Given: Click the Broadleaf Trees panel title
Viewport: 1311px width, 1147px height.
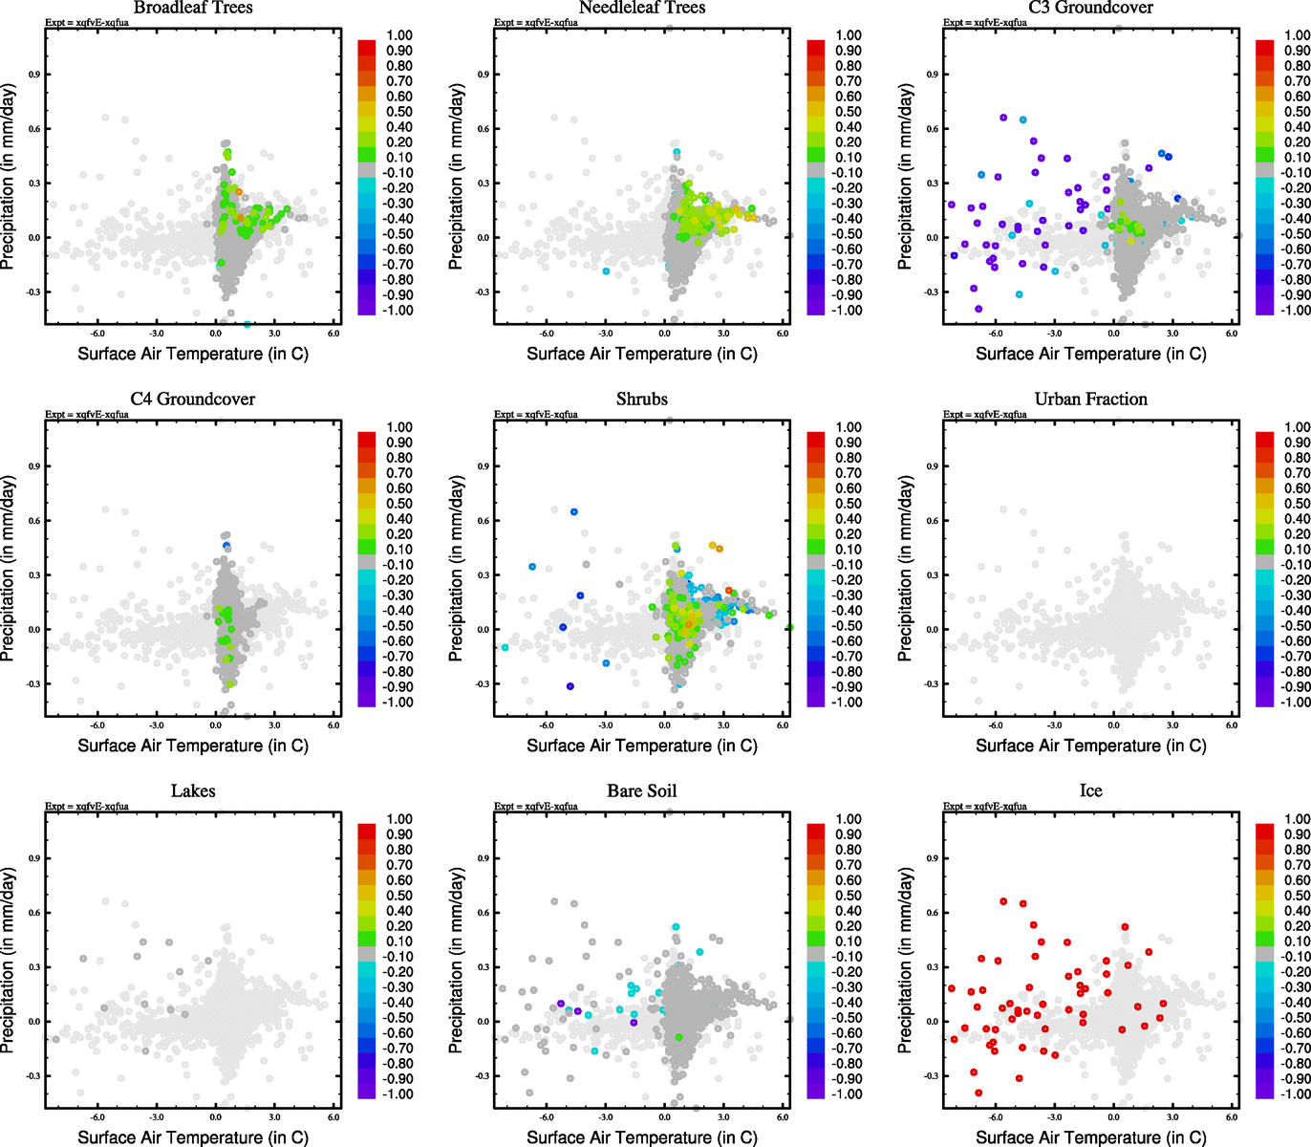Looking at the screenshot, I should point(193,8).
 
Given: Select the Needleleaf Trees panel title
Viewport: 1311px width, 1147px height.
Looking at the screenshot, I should point(641,8).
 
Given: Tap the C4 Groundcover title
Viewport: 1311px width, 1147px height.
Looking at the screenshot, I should point(193,400).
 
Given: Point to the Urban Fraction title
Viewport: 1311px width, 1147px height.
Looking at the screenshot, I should point(1090,400).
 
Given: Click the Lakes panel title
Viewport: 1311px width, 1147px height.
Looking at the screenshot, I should point(193,791).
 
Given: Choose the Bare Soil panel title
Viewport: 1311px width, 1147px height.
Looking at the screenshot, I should point(641,791).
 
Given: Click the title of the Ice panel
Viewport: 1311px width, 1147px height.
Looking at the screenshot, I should point(1090,791).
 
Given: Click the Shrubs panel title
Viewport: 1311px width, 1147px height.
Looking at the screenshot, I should point(641,400).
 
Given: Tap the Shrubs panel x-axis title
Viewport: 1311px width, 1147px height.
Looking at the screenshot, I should point(641,746).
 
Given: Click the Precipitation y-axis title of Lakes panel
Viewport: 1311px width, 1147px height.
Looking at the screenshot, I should point(9,961).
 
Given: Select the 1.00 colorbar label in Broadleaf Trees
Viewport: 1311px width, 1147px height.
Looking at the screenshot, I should point(399,35).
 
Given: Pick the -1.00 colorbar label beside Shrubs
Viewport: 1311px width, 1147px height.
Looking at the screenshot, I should point(849,703).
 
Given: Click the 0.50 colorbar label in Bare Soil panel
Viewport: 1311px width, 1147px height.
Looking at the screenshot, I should point(849,896).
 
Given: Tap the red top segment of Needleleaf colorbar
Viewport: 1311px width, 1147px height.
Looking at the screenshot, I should point(815,47).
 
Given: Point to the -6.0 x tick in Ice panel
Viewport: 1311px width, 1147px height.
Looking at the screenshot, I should point(995,1117).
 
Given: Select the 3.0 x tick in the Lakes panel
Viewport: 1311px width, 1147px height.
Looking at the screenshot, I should point(274,1117).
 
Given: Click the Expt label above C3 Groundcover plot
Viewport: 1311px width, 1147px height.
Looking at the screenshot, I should point(984,23).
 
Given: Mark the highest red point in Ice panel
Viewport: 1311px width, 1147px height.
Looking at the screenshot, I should point(1003,901).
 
